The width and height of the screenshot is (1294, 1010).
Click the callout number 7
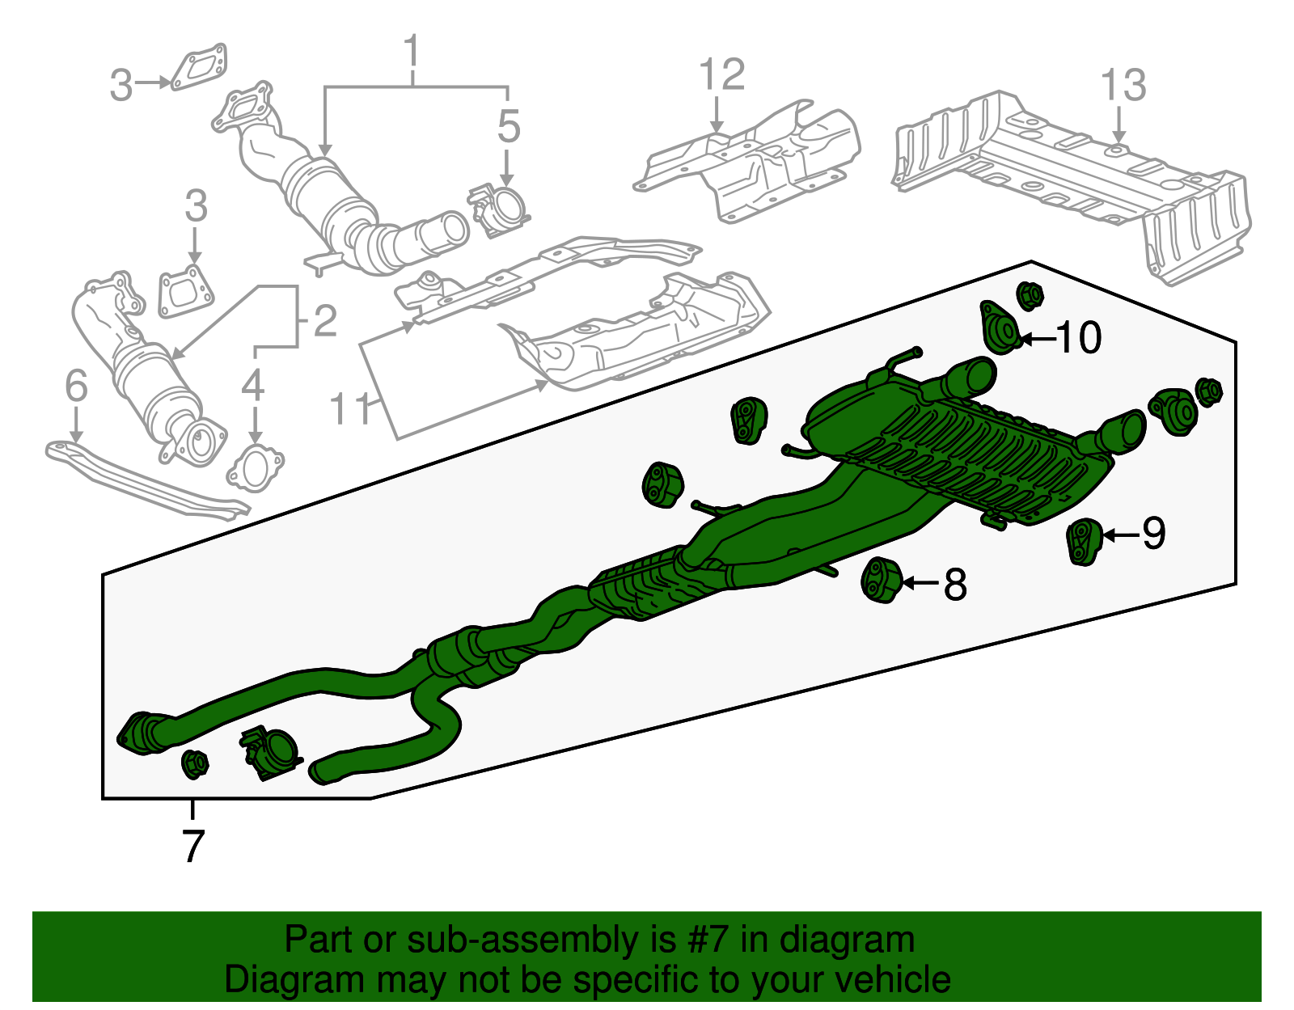coord(192,846)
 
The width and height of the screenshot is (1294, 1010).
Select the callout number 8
coord(955,584)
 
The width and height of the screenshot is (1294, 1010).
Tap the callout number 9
coord(1153,534)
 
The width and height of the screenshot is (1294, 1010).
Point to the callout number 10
coord(1079,338)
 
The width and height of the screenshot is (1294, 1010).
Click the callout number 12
coord(721,75)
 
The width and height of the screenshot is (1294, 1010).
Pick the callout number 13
coord(1123,86)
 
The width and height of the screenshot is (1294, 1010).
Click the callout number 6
coord(76,387)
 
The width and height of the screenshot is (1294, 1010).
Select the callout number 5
coord(508,127)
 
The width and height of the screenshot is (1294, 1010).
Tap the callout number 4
coord(253,386)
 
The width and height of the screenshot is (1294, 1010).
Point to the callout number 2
coord(324,322)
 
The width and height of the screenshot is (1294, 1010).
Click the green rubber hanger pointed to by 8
coord(881,580)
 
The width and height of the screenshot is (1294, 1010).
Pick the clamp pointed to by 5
coord(500,209)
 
